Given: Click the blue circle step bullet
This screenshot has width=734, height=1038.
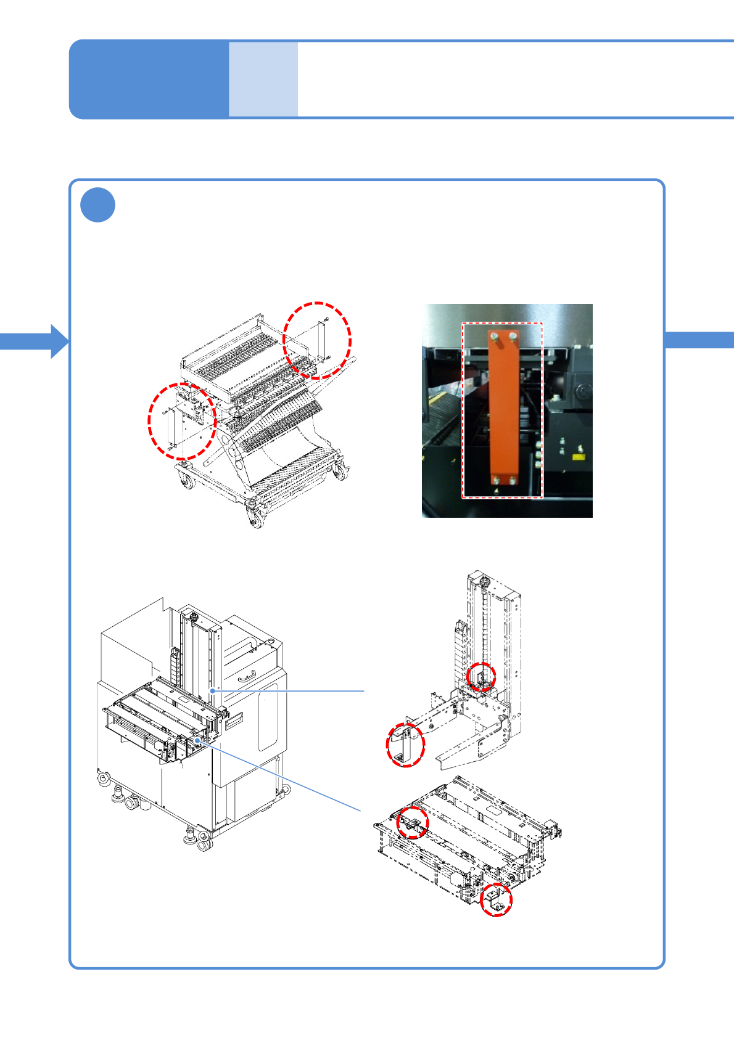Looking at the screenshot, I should (97, 205).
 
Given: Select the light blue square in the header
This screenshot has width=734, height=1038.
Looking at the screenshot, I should (263, 79).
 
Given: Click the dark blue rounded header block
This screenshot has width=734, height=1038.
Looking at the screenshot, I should (149, 79).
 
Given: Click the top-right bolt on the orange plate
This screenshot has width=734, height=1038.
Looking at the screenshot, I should (513, 336).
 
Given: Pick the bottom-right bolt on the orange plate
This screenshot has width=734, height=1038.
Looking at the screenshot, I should (512, 479).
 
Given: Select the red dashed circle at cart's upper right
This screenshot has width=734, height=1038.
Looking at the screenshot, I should (317, 340).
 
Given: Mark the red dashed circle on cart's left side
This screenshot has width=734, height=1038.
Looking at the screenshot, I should (182, 421).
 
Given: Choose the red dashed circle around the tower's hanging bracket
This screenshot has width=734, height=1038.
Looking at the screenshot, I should (405, 745).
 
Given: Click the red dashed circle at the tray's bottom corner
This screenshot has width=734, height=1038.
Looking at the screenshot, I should (496, 900).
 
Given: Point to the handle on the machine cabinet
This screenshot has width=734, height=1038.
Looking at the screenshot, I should (247, 678).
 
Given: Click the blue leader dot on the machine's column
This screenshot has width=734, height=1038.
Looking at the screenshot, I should (212, 691).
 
